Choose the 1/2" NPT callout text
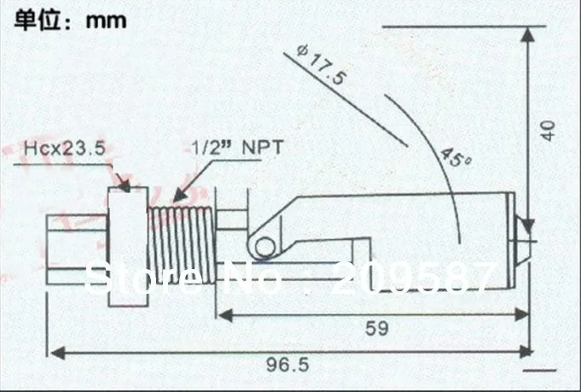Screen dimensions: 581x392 tap(237, 146)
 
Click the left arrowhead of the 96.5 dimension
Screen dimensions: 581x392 tap(55, 351)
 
